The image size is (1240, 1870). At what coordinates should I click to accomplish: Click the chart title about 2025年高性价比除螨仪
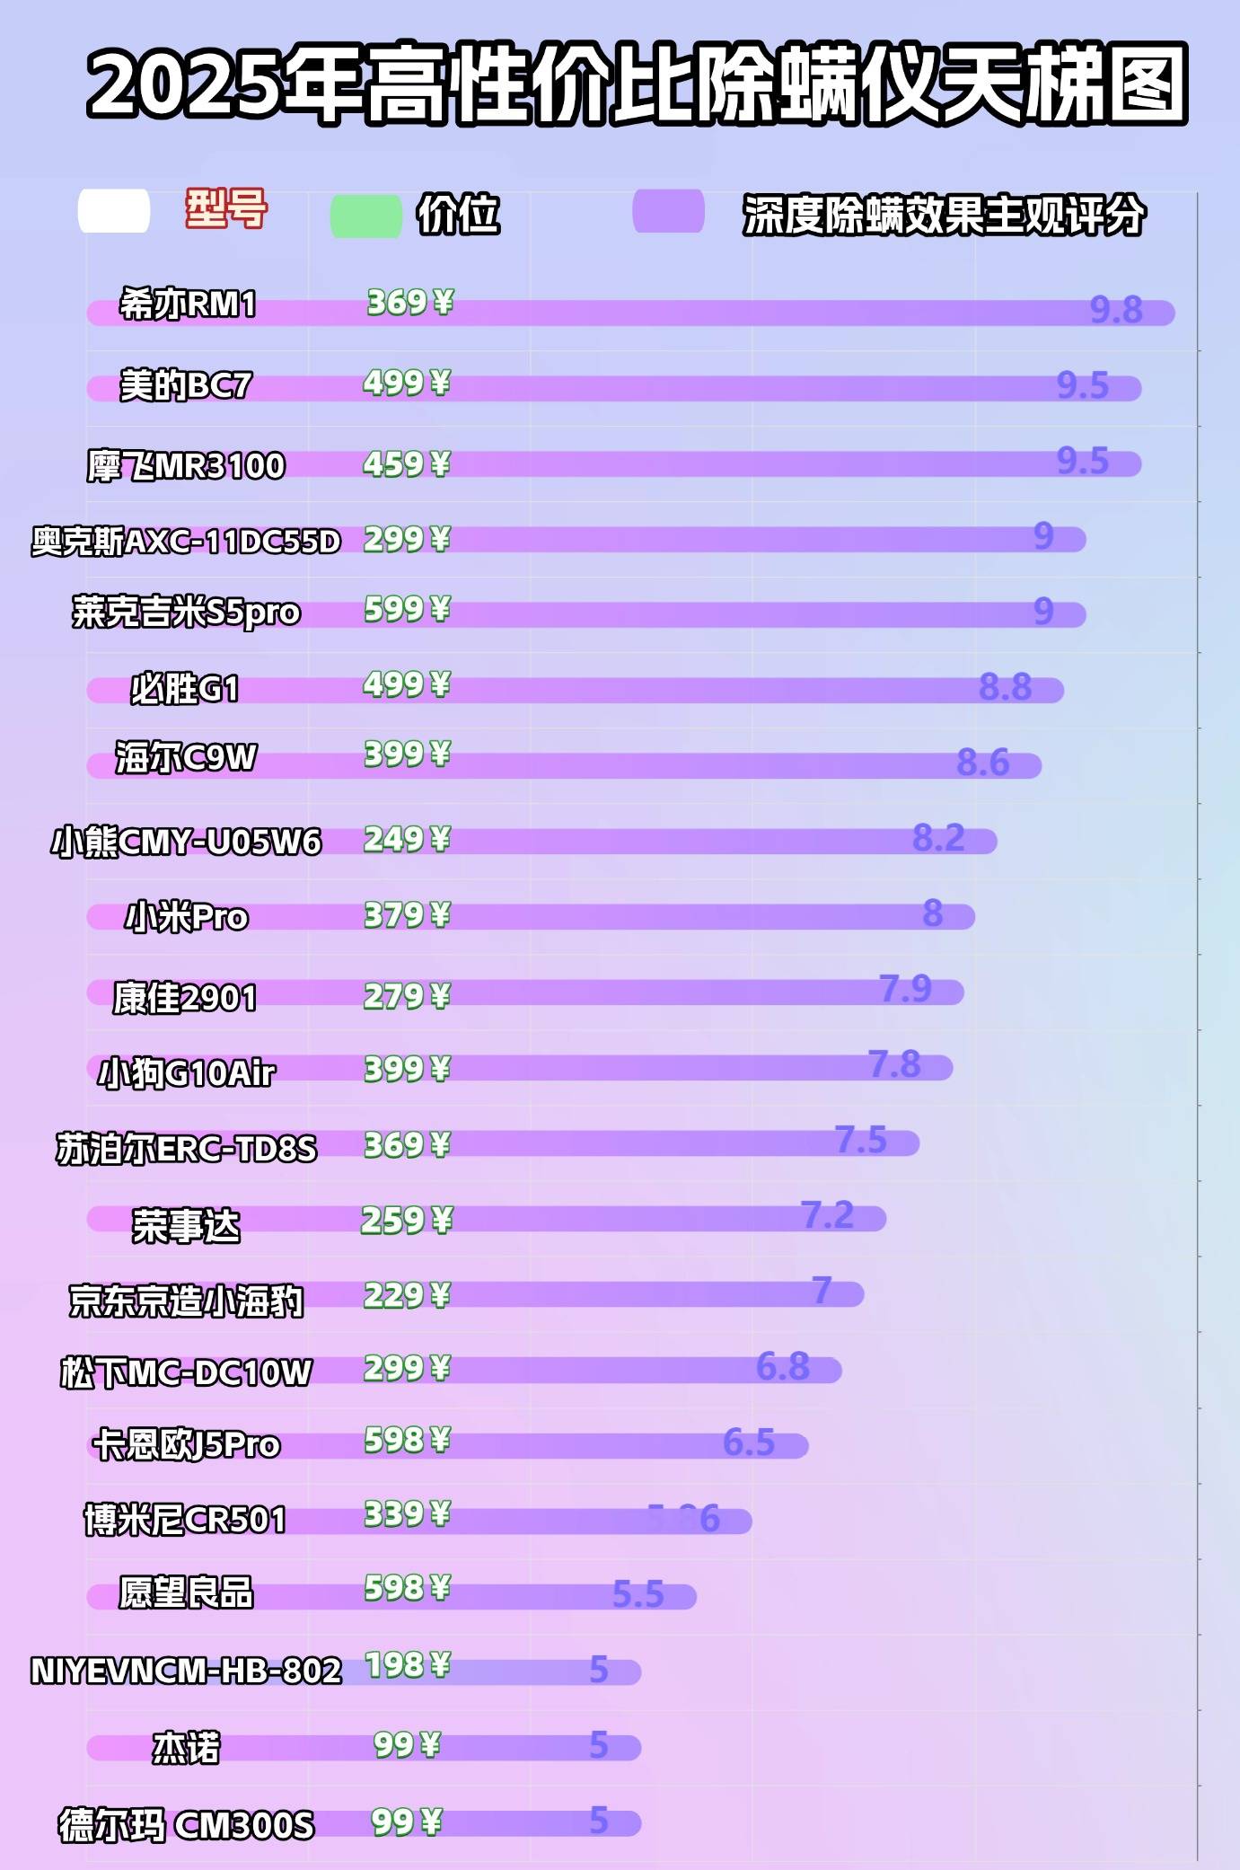tap(638, 84)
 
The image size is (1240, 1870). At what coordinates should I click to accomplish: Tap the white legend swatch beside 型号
tap(114, 212)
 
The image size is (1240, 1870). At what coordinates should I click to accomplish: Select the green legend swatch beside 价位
tap(365, 216)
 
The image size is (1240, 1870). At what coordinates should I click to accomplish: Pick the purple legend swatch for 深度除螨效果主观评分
tap(668, 212)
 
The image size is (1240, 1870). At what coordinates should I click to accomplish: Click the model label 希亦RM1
tap(188, 304)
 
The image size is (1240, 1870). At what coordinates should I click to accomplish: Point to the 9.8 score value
tap(1116, 310)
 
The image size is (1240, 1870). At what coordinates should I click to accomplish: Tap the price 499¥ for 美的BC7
tap(406, 384)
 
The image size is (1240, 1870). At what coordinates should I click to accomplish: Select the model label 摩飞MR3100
tap(186, 466)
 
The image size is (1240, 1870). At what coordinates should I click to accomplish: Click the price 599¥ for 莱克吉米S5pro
tap(407, 610)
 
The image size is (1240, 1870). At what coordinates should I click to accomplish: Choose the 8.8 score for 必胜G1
tap(1005, 687)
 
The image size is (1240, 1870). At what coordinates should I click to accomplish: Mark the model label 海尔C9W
tap(186, 758)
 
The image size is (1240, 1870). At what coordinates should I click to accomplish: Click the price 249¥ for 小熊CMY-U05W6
tap(406, 840)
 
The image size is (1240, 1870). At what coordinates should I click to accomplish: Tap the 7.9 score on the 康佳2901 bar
tap(905, 989)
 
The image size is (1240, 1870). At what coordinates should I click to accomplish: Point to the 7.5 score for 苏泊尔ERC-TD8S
tap(861, 1140)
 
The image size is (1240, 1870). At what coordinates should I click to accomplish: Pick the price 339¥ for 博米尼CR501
tap(407, 1514)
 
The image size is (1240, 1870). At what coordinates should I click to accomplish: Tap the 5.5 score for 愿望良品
tap(638, 1594)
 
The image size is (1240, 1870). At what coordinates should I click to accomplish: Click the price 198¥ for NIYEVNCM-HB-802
tap(407, 1665)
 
